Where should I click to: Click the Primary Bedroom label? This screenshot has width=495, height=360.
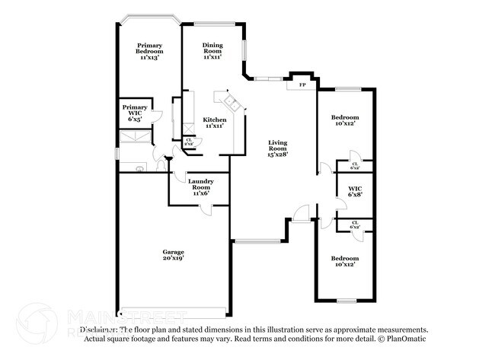click(149, 50)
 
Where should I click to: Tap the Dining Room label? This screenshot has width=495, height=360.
click(212, 50)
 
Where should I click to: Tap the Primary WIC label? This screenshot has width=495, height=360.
click(135, 111)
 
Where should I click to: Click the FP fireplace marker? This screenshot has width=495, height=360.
click(302, 84)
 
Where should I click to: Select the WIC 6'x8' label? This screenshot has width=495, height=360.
click(355, 190)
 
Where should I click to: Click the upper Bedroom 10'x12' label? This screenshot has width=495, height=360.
click(345, 121)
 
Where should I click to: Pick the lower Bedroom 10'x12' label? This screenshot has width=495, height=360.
click(345, 262)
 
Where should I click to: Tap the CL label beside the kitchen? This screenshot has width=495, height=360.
click(189, 140)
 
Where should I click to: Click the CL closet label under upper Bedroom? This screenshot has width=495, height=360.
click(355, 165)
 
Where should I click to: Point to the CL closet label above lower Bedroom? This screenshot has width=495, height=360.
click(355, 225)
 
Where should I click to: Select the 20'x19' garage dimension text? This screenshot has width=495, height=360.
click(173, 259)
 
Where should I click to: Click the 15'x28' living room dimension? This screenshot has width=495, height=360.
click(277, 155)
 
